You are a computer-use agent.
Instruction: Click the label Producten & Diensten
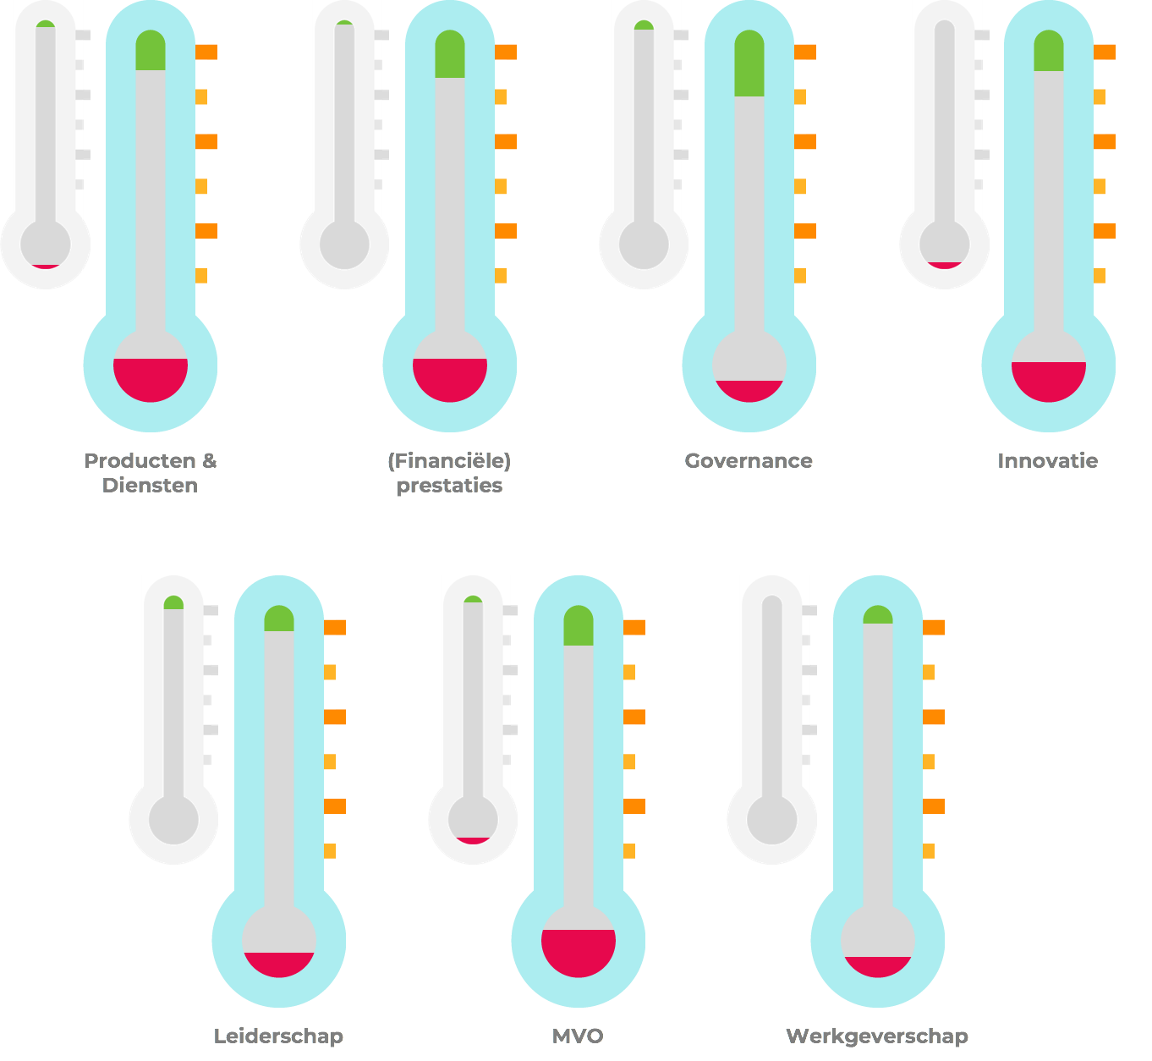click(151, 472)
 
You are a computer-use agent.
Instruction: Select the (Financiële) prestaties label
click(449, 472)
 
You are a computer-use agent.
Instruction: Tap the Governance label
click(749, 461)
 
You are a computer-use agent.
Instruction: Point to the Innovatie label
click(1048, 461)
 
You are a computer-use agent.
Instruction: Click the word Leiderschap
click(278, 1036)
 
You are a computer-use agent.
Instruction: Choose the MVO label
click(578, 1036)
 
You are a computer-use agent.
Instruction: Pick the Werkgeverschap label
click(877, 1036)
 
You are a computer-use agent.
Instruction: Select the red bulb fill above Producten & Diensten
click(151, 377)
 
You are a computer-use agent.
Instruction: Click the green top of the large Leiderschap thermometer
click(279, 619)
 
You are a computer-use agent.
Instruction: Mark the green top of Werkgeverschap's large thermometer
click(878, 616)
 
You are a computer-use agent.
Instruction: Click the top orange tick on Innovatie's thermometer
click(1105, 52)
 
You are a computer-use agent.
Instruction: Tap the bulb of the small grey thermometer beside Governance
click(644, 245)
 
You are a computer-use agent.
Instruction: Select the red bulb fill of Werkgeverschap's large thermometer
click(878, 965)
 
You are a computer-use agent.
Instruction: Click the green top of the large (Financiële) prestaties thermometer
click(450, 56)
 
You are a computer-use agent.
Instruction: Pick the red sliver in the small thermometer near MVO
click(473, 840)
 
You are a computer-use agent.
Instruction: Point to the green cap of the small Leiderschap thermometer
click(173, 603)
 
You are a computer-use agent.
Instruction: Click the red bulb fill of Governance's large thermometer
click(749, 390)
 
